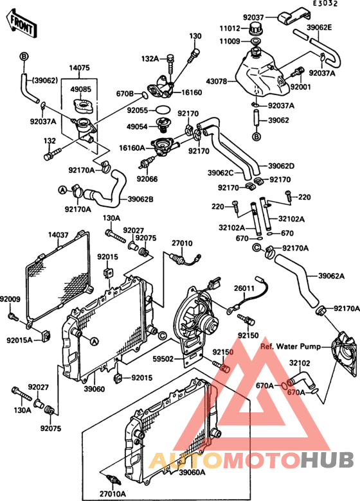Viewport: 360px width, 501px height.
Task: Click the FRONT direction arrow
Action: tap(21, 24)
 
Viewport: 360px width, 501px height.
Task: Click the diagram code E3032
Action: tap(325, 3)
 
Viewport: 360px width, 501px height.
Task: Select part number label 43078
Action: tap(217, 82)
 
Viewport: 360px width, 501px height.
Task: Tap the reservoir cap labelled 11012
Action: tap(255, 29)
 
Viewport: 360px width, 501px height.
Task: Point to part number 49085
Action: tap(81, 89)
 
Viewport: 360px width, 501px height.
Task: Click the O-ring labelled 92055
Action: tap(163, 110)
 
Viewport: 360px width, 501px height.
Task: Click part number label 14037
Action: tap(59, 235)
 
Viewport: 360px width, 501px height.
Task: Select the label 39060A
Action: tap(192, 472)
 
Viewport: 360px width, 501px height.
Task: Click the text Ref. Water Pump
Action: tap(291, 346)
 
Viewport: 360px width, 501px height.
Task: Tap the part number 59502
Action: tap(163, 359)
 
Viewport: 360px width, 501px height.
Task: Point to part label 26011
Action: tap(244, 288)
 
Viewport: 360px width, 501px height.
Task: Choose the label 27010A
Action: tap(113, 494)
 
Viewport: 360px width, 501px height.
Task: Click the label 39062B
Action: tap(140, 199)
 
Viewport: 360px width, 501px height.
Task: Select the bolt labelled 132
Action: tap(52, 154)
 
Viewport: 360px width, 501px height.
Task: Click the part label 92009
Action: tap(10, 299)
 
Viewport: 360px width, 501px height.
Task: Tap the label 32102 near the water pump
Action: tap(300, 363)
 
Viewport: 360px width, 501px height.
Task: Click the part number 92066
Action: tap(147, 179)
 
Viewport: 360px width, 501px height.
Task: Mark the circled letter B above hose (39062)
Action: tap(24, 57)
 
